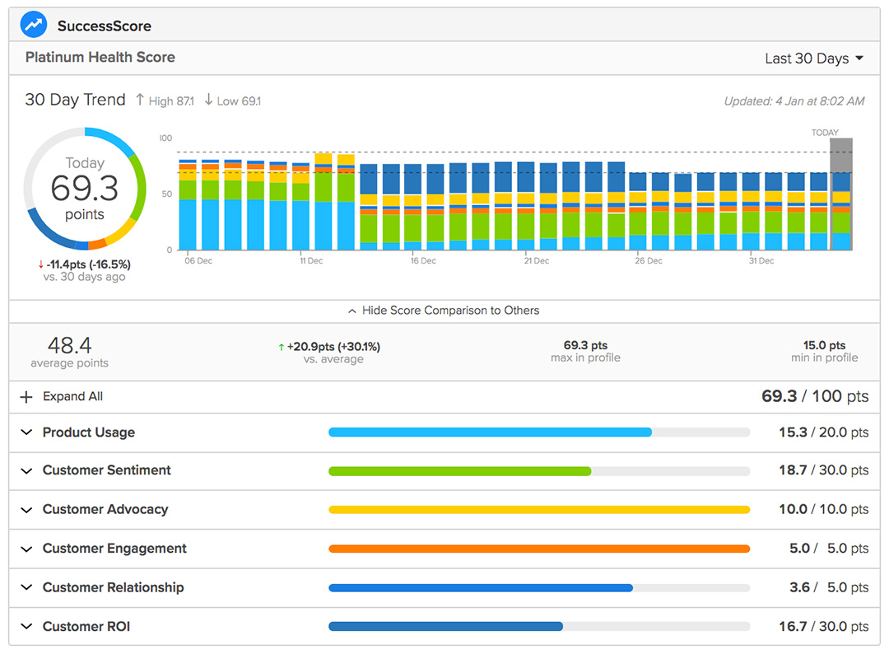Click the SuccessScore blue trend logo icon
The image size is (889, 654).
click(35, 25)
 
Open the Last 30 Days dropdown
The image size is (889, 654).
click(813, 58)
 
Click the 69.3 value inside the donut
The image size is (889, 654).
click(84, 189)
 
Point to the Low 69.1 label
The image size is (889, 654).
click(233, 100)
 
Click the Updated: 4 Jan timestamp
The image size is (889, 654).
click(794, 101)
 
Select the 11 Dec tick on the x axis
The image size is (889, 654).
click(311, 261)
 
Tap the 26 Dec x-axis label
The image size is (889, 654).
click(649, 261)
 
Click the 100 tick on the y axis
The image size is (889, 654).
click(165, 138)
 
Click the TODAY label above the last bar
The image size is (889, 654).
click(825, 133)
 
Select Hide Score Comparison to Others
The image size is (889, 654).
click(444, 311)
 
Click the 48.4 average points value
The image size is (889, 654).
click(69, 345)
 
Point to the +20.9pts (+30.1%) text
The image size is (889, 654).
click(329, 347)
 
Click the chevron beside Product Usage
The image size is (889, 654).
click(26, 432)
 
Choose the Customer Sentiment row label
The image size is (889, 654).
click(106, 470)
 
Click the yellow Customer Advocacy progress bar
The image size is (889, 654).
click(538, 510)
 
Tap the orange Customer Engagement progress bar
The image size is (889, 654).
click(538, 549)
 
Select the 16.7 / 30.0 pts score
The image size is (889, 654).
click(823, 627)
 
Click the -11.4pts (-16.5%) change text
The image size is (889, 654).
click(85, 264)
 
